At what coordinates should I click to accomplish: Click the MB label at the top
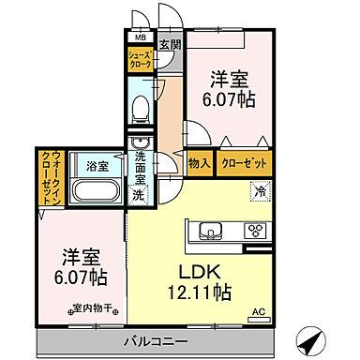click(140, 38)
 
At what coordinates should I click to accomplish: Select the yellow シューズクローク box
click(140, 63)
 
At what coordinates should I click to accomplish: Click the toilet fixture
click(142, 111)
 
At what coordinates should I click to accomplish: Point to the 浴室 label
click(97, 165)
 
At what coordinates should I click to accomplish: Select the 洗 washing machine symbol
click(138, 196)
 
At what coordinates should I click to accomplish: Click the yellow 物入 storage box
click(198, 163)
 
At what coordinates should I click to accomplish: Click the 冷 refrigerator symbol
click(258, 191)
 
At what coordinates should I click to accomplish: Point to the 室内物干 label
click(88, 308)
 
